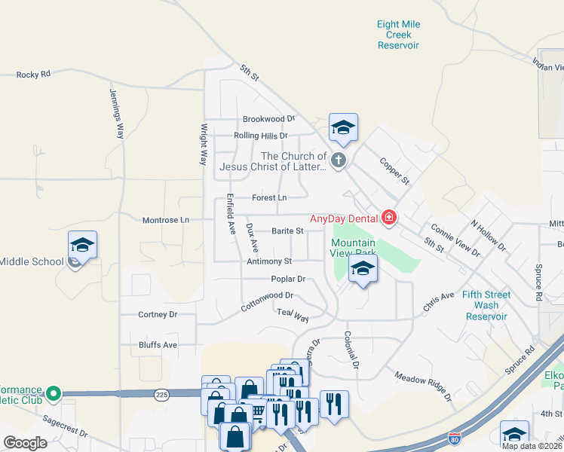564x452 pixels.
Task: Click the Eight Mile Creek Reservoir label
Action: point(398,35)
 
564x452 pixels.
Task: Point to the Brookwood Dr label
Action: point(268,119)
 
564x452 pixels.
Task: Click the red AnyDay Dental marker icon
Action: point(389,218)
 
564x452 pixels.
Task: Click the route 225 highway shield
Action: point(161,394)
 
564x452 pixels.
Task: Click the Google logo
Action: point(25,442)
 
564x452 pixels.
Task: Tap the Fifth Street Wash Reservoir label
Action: point(486,306)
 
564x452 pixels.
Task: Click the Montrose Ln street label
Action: point(166,220)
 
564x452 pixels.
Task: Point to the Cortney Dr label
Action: point(158,314)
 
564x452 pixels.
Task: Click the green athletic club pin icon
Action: point(53,393)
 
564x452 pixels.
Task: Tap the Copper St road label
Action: point(394,171)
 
